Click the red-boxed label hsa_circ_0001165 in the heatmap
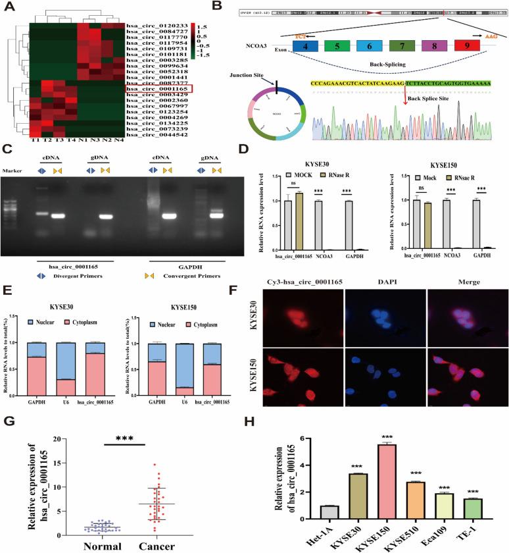coord(157,88)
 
